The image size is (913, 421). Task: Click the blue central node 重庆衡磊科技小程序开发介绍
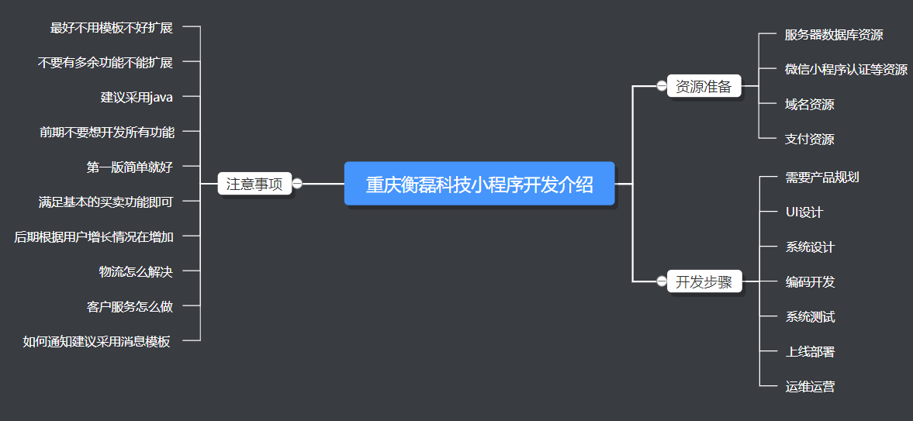click(x=479, y=184)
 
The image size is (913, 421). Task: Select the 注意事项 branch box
click(x=254, y=184)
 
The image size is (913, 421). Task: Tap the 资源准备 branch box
click(x=704, y=86)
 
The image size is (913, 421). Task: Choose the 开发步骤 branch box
click(x=704, y=281)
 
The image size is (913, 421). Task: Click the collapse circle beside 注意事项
click(x=297, y=184)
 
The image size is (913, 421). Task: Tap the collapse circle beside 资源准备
click(x=661, y=86)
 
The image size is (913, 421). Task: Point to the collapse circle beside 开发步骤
click(x=661, y=281)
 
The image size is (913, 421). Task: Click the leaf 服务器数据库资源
click(x=834, y=35)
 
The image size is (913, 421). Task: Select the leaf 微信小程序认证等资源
click(x=846, y=70)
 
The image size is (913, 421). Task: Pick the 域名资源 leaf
click(x=810, y=105)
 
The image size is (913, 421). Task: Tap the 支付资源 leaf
click(x=810, y=140)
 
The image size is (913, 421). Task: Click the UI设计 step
click(x=804, y=212)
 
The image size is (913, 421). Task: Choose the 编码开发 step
click(x=810, y=282)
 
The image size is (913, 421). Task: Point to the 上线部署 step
click(x=810, y=352)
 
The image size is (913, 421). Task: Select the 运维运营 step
click(x=810, y=387)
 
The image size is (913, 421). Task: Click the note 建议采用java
click(x=137, y=97)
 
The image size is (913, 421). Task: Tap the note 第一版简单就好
click(x=130, y=167)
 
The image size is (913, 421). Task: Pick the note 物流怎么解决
click(x=136, y=271)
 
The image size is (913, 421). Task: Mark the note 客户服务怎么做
click(x=130, y=306)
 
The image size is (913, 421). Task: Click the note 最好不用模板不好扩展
click(x=111, y=28)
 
